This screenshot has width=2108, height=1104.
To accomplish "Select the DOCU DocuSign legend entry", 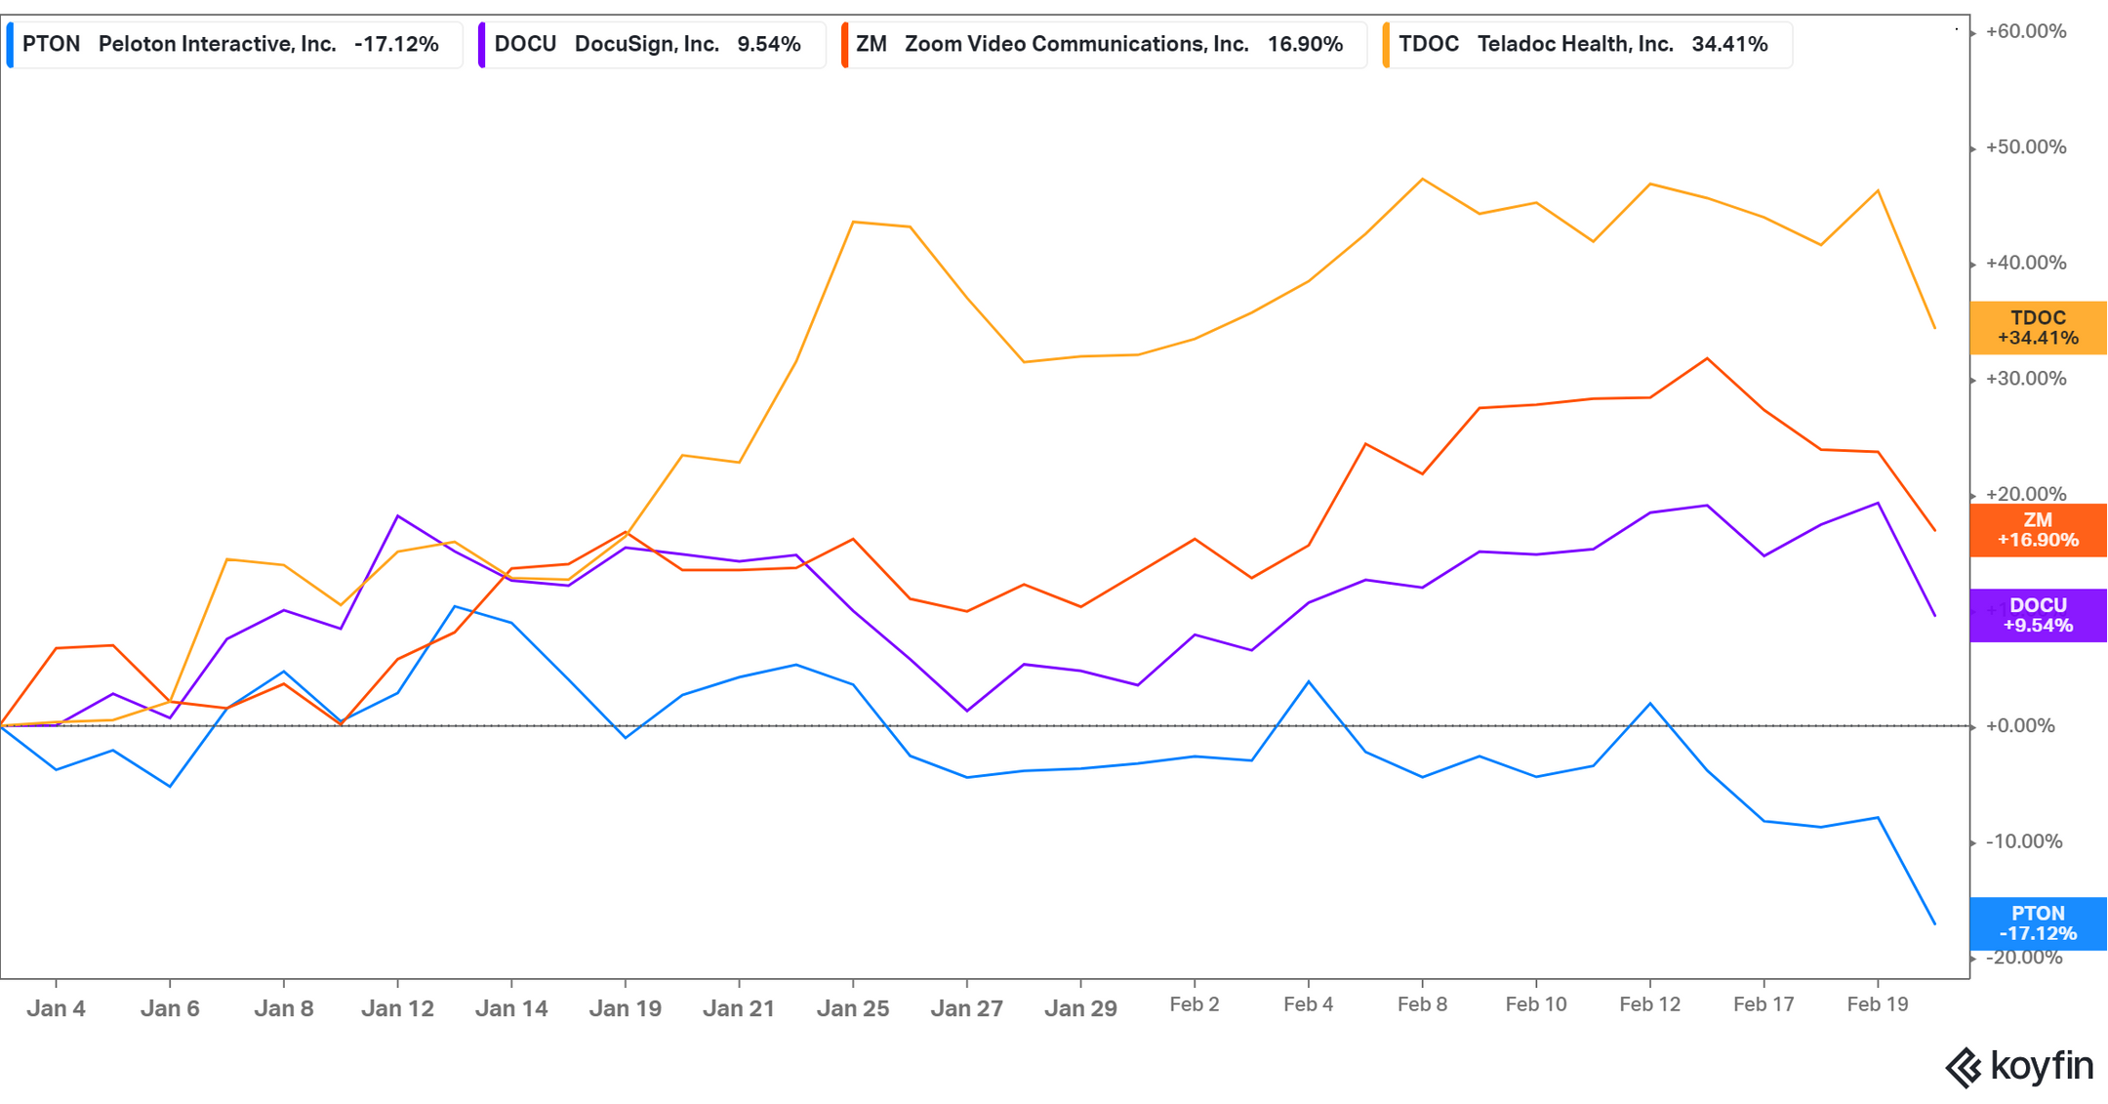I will [647, 44].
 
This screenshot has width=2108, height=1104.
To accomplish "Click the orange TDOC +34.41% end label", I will [2038, 328].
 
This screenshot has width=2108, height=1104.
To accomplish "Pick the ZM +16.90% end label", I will [2038, 530].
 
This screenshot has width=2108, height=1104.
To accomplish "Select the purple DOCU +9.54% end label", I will [2038, 615].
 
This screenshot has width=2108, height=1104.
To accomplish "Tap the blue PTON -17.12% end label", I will [2038, 923].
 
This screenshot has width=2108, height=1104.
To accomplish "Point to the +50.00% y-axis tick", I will [2026, 147].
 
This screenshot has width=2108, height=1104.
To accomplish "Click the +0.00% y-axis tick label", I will [2020, 726].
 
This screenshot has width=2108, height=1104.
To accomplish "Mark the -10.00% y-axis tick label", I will [2024, 841].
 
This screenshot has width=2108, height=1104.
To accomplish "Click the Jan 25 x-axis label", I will [853, 1008].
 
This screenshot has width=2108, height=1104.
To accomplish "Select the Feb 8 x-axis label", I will [1422, 1004].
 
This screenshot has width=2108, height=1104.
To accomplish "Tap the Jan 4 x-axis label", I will [56, 1008].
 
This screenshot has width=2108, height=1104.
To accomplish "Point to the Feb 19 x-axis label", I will [1878, 1004].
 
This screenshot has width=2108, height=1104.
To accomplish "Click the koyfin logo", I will [2018, 1066].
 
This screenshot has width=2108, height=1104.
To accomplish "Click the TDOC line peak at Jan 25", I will [854, 222].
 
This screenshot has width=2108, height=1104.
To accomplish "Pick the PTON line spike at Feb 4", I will [1309, 681].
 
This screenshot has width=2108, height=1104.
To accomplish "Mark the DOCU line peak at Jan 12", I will [397, 515].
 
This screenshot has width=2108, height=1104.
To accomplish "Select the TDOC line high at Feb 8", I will [1422, 179].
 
